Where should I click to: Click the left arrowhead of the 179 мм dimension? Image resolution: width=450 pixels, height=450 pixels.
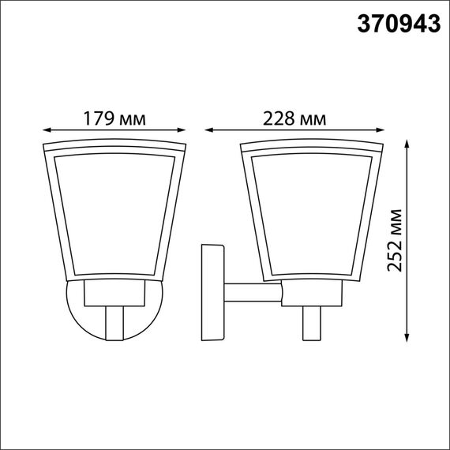click(46, 130)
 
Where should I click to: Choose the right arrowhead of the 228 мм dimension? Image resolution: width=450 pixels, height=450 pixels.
click(384, 130)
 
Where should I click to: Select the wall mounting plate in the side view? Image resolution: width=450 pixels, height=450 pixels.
click(212, 292)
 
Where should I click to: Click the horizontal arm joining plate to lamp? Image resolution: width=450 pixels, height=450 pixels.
click(253, 294)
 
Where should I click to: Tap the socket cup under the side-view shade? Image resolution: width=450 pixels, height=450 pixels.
click(312, 294)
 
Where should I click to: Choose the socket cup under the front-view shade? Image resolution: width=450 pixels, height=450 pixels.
click(114, 294)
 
